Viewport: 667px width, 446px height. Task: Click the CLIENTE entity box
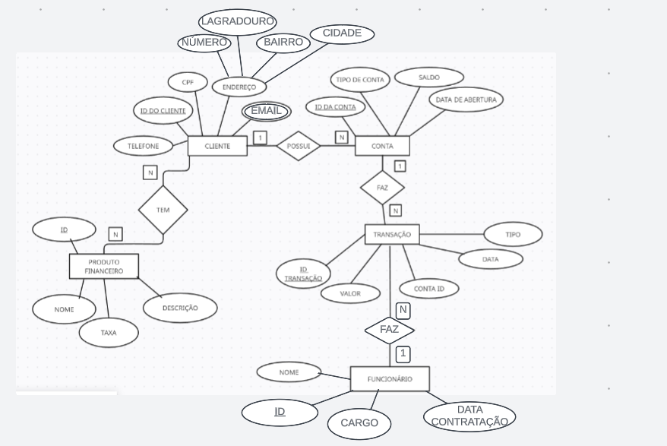[x=217, y=146]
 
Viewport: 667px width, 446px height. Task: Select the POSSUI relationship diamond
[x=299, y=146]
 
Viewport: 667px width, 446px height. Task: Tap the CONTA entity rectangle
[x=382, y=146]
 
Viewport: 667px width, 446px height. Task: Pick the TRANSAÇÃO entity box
[x=392, y=235]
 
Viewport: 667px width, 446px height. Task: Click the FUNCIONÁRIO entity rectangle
[x=390, y=378]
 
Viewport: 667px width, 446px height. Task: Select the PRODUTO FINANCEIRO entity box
[x=104, y=267]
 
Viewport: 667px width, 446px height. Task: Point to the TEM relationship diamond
[x=163, y=210]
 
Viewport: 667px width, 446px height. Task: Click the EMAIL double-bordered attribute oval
[x=266, y=111]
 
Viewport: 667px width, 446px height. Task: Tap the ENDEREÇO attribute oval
[x=239, y=87]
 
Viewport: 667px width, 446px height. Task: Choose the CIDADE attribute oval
[x=342, y=33]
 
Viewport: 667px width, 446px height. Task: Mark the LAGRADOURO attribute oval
[x=237, y=22]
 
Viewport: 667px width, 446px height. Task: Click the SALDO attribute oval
[x=429, y=77]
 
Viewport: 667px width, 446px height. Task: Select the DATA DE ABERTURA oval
[x=466, y=100]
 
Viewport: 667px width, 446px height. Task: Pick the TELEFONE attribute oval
[x=144, y=146]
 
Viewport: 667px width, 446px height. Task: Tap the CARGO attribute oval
[x=359, y=424]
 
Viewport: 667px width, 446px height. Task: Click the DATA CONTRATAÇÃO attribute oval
[x=469, y=416]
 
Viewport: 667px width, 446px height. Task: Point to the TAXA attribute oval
[x=109, y=333]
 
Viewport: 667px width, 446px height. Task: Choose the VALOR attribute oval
[x=350, y=293]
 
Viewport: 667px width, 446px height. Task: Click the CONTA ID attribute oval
[x=429, y=289]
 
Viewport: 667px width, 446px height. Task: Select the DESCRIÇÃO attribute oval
[x=180, y=308]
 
